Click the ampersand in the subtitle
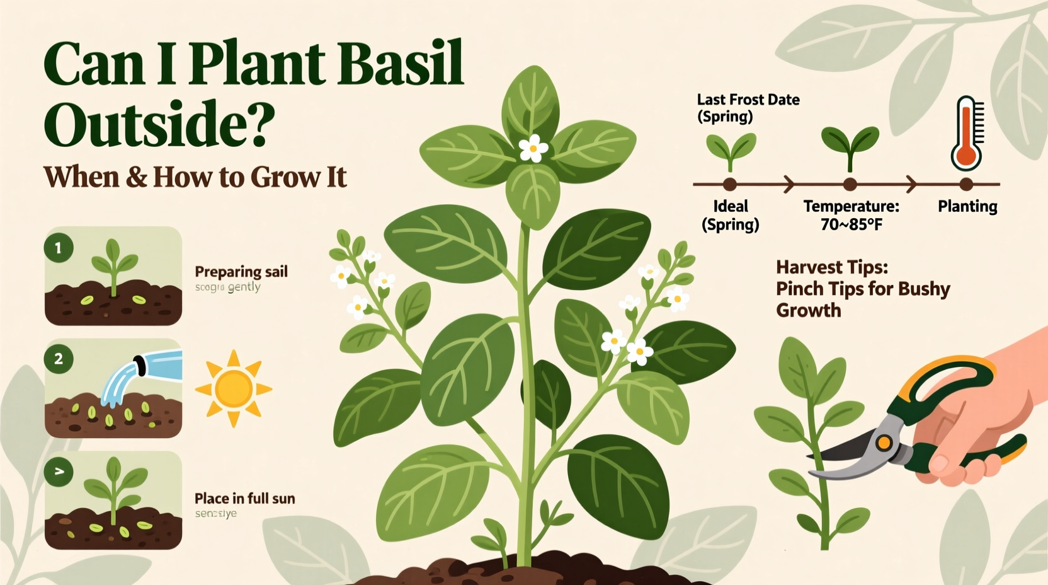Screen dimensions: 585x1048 point(136,177)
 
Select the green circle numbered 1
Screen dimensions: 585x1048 point(59,248)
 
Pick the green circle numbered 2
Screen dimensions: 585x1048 point(59,359)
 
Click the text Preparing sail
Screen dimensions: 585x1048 point(241,272)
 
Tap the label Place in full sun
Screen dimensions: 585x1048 point(245,499)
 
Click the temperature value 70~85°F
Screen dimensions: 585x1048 point(851,224)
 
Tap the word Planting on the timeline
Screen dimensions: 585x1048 point(967,206)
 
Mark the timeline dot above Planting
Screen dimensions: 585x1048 point(967,185)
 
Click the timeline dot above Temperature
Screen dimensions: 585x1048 point(850,185)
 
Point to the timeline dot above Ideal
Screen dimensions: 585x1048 point(730,185)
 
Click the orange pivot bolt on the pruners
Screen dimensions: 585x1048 point(884,443)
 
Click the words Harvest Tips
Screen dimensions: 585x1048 point(832,267)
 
